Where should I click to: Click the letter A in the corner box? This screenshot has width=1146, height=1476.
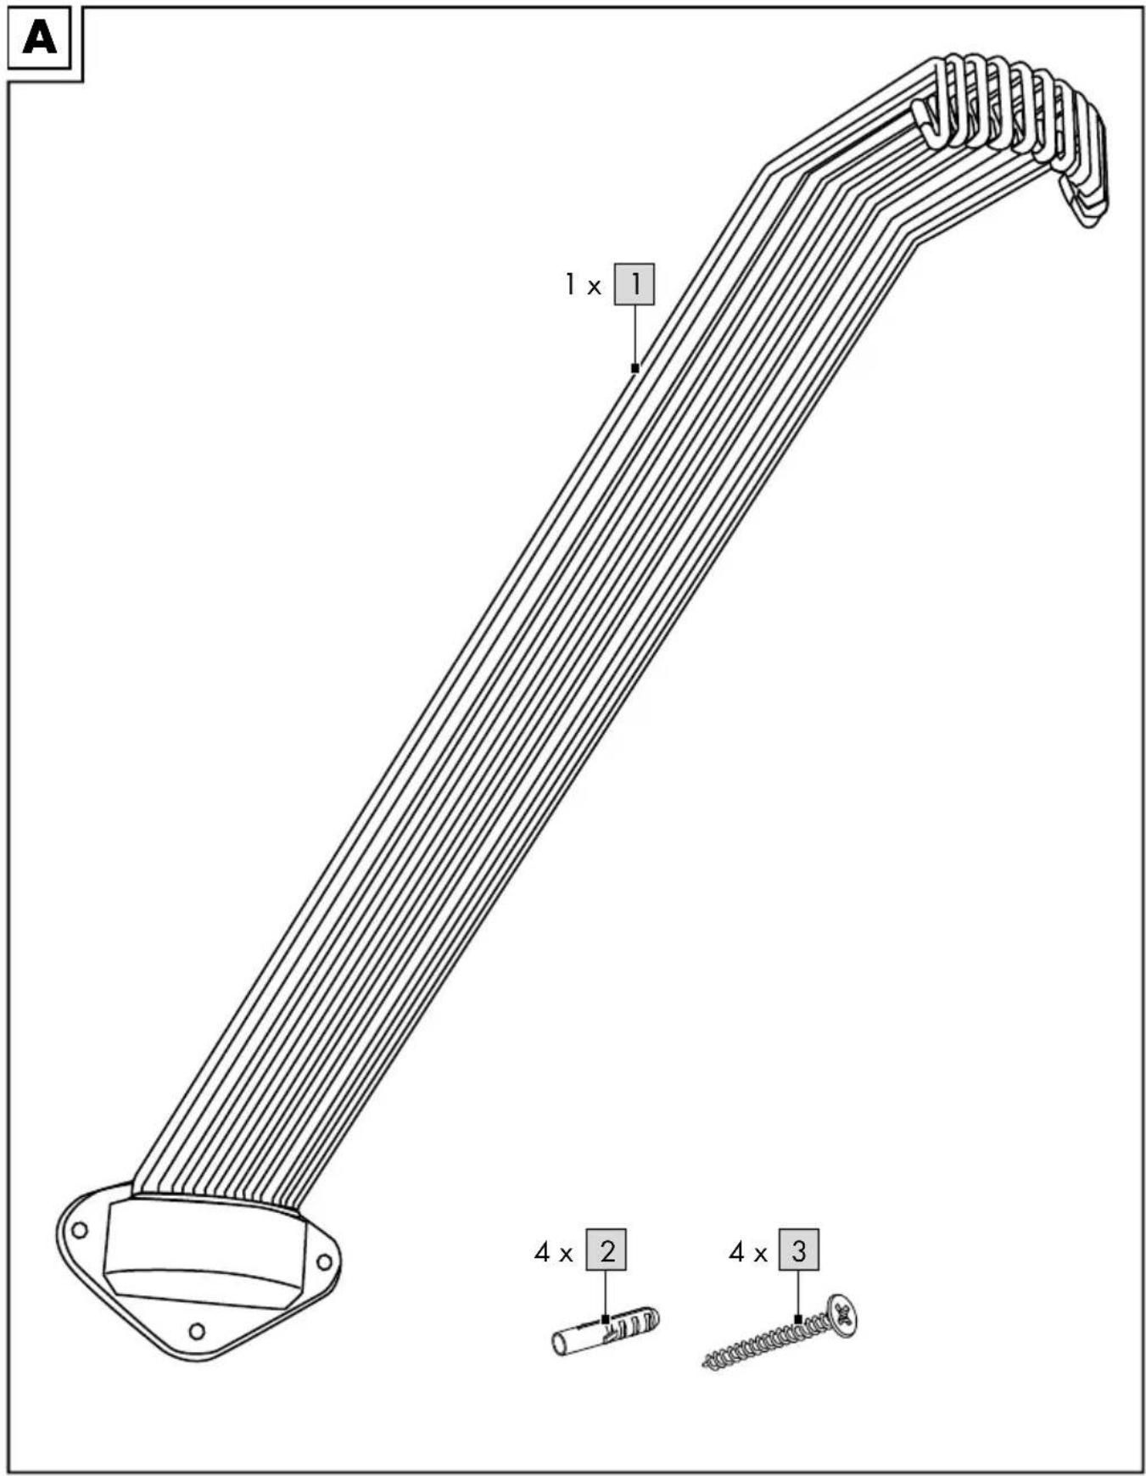coord(40,38)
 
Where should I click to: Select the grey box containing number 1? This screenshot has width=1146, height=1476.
coord(634,283)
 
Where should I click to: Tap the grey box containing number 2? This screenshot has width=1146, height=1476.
coord(607,1250)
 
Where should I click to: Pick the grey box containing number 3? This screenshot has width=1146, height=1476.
coord(799,1250)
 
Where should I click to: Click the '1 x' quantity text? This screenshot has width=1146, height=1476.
coord(583,285)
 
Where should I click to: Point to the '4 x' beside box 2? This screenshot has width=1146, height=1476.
coord(554,1251)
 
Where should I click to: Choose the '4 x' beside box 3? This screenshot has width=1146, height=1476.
coord(747,1251)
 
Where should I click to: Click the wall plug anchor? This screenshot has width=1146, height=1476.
coord(606,1330)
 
